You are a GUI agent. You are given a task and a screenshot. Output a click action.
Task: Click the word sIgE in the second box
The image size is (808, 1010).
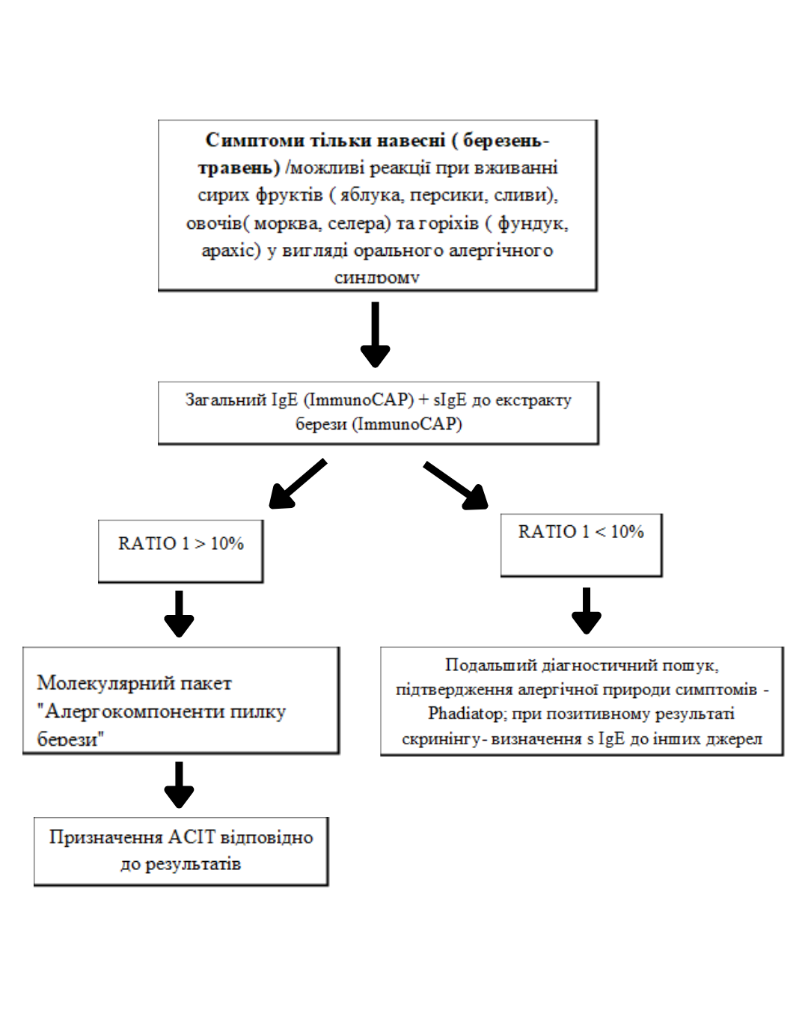[450, 400]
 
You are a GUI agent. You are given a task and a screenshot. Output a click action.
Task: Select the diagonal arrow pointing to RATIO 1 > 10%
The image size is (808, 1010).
[298, 483]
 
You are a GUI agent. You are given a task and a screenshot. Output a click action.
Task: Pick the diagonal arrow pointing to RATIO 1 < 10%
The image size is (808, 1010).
[455, 485]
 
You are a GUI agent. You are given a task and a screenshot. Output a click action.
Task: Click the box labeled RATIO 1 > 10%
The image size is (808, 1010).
[180, 551]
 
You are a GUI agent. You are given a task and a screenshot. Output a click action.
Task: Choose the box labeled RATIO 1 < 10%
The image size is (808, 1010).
[581, 545]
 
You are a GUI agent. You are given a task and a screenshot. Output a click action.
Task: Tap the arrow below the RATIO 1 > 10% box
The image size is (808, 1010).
[179, 613]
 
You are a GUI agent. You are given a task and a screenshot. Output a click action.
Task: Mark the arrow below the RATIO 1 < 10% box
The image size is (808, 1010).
[587, 610]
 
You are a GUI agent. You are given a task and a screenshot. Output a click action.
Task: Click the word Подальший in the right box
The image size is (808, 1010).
[491, 664]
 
